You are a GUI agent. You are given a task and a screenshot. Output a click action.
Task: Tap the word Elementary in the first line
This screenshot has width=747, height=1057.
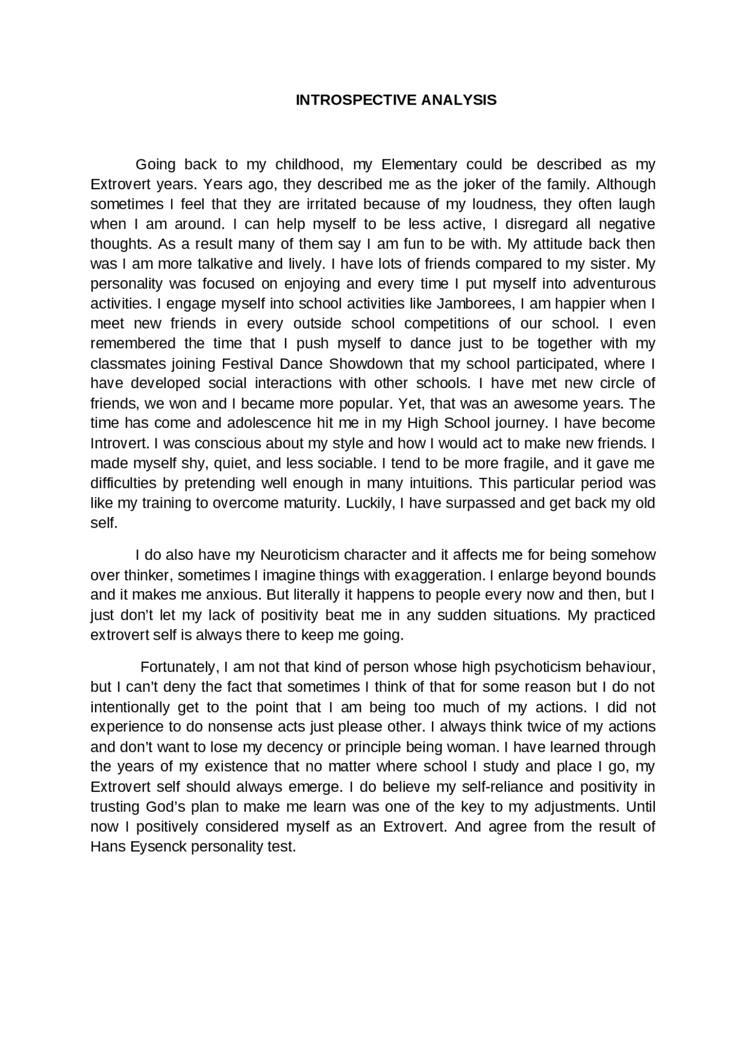point(419,165)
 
